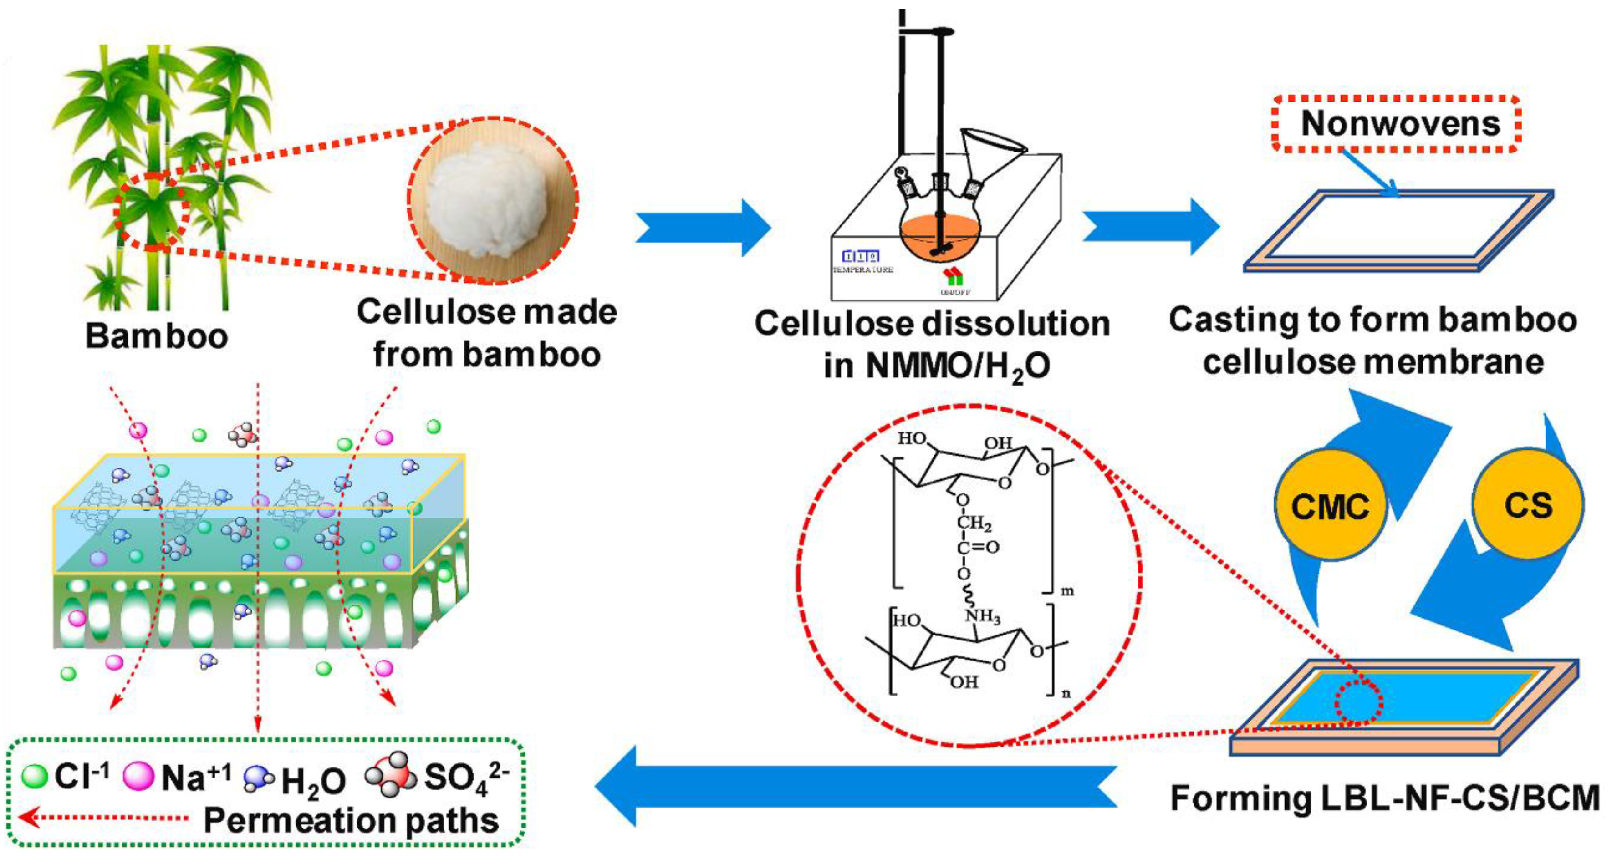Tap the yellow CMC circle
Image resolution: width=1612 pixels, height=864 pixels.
pos(1330,505)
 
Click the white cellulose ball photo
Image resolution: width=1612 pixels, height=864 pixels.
pos(493,199)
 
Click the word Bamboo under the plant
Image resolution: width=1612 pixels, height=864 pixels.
pos(157,336)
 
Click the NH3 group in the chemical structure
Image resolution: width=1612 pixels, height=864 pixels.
pos(983,617)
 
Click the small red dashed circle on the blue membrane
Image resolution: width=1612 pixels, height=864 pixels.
pos(1358,702)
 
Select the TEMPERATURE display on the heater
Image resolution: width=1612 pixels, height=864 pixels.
pos(862,261)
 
